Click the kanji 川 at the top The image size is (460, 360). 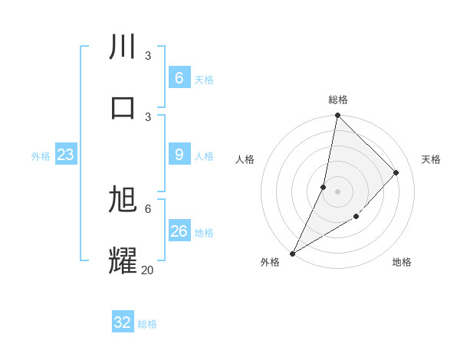click(x=123, y=47)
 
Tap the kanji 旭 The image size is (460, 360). click(x=123, y=200)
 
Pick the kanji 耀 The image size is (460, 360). click(x=123, y=260)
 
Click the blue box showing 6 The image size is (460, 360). click(x=179, y=78)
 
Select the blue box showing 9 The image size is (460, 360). click(x=179, y=155)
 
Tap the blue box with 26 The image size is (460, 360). click(x=179, y=231)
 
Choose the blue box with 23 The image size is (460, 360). click(x=65, y=155)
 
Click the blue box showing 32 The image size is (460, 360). click(x=123, y=322)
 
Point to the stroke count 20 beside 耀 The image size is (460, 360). click(x=147, y=270)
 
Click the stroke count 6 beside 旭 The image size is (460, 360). click(x=148, y=208)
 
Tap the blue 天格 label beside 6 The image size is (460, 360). click(x=204, y=79)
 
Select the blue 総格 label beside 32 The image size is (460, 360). click(x=147, y=324)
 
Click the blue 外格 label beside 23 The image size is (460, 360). click(x=41, y=156)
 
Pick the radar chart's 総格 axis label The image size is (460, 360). click(x=337, y=100)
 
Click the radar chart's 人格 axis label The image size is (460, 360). click(x=245, y=159)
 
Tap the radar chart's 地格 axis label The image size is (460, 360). click(x=402, y=262)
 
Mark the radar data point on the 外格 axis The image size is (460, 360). click(x=292, y=254)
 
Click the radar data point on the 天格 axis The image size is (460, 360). click(x=396, y=172)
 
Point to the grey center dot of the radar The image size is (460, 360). click(x=337, y=191)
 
